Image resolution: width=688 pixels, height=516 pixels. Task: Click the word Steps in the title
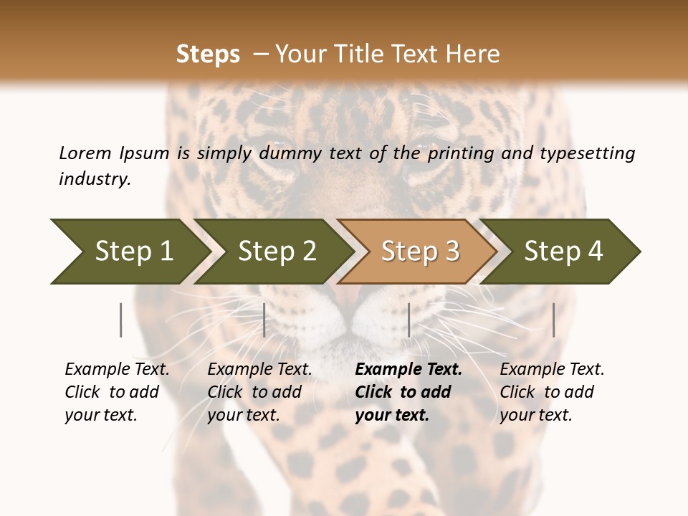point(208,54)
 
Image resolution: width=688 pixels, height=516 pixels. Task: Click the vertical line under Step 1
point(121,320)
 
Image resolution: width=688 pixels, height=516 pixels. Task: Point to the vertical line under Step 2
point(264,320)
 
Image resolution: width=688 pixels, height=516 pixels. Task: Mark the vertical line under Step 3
point(408,320)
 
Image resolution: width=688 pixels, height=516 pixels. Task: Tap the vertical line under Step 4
point(553,320)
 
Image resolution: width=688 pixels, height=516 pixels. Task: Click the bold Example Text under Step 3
point(408,370)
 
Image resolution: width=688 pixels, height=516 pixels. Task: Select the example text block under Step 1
point(117,392)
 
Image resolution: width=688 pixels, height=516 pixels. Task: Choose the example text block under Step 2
point(259,392)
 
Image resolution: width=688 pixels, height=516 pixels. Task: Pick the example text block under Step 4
point(552,392)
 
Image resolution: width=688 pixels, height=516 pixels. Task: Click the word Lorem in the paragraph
point(85,153)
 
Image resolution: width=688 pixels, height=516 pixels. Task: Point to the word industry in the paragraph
point(94,179)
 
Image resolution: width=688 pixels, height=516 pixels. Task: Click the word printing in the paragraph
point(467,153)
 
